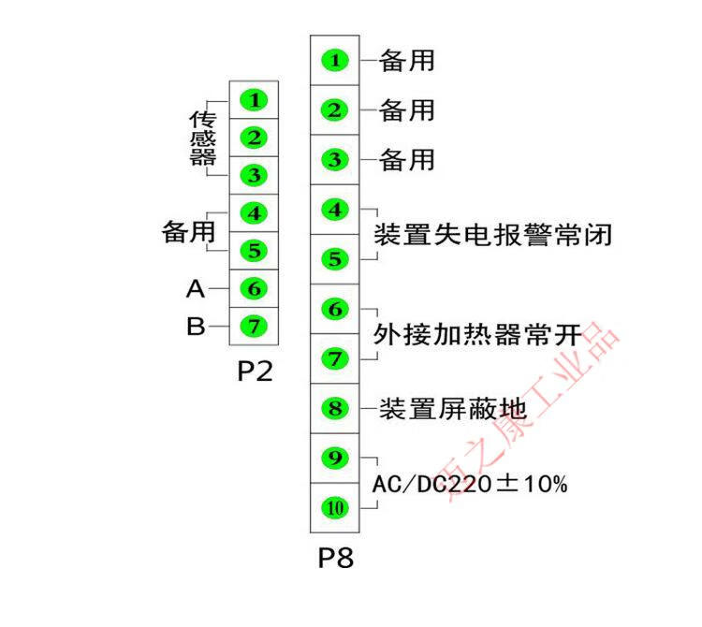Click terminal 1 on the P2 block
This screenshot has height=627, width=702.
pos(254,99)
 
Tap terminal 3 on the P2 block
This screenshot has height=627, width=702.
pos(254,175)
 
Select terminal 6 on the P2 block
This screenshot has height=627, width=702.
pos(254,288)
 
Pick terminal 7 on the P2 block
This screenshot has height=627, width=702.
pos(254,326)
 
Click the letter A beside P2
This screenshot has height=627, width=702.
pos(195,289)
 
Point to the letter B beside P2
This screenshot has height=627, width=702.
pos(196,327)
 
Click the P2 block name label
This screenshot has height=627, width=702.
pos(254,372)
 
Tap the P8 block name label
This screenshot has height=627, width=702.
pos(334,559)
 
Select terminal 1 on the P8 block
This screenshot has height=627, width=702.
pos(334,61)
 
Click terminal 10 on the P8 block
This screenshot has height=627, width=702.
pos(334,508)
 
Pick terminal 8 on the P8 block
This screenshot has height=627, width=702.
pos(334,409)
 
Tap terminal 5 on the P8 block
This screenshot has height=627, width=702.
pos(334,259)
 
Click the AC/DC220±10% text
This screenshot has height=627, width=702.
pos(470,485)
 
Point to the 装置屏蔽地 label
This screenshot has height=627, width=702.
pos(453,409)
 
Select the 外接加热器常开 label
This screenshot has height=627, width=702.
pos(478,334)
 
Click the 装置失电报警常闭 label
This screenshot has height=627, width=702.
pos(492,234)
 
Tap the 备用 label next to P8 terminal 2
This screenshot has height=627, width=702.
pos(407,110)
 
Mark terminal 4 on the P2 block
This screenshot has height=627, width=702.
pos(254,212)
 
